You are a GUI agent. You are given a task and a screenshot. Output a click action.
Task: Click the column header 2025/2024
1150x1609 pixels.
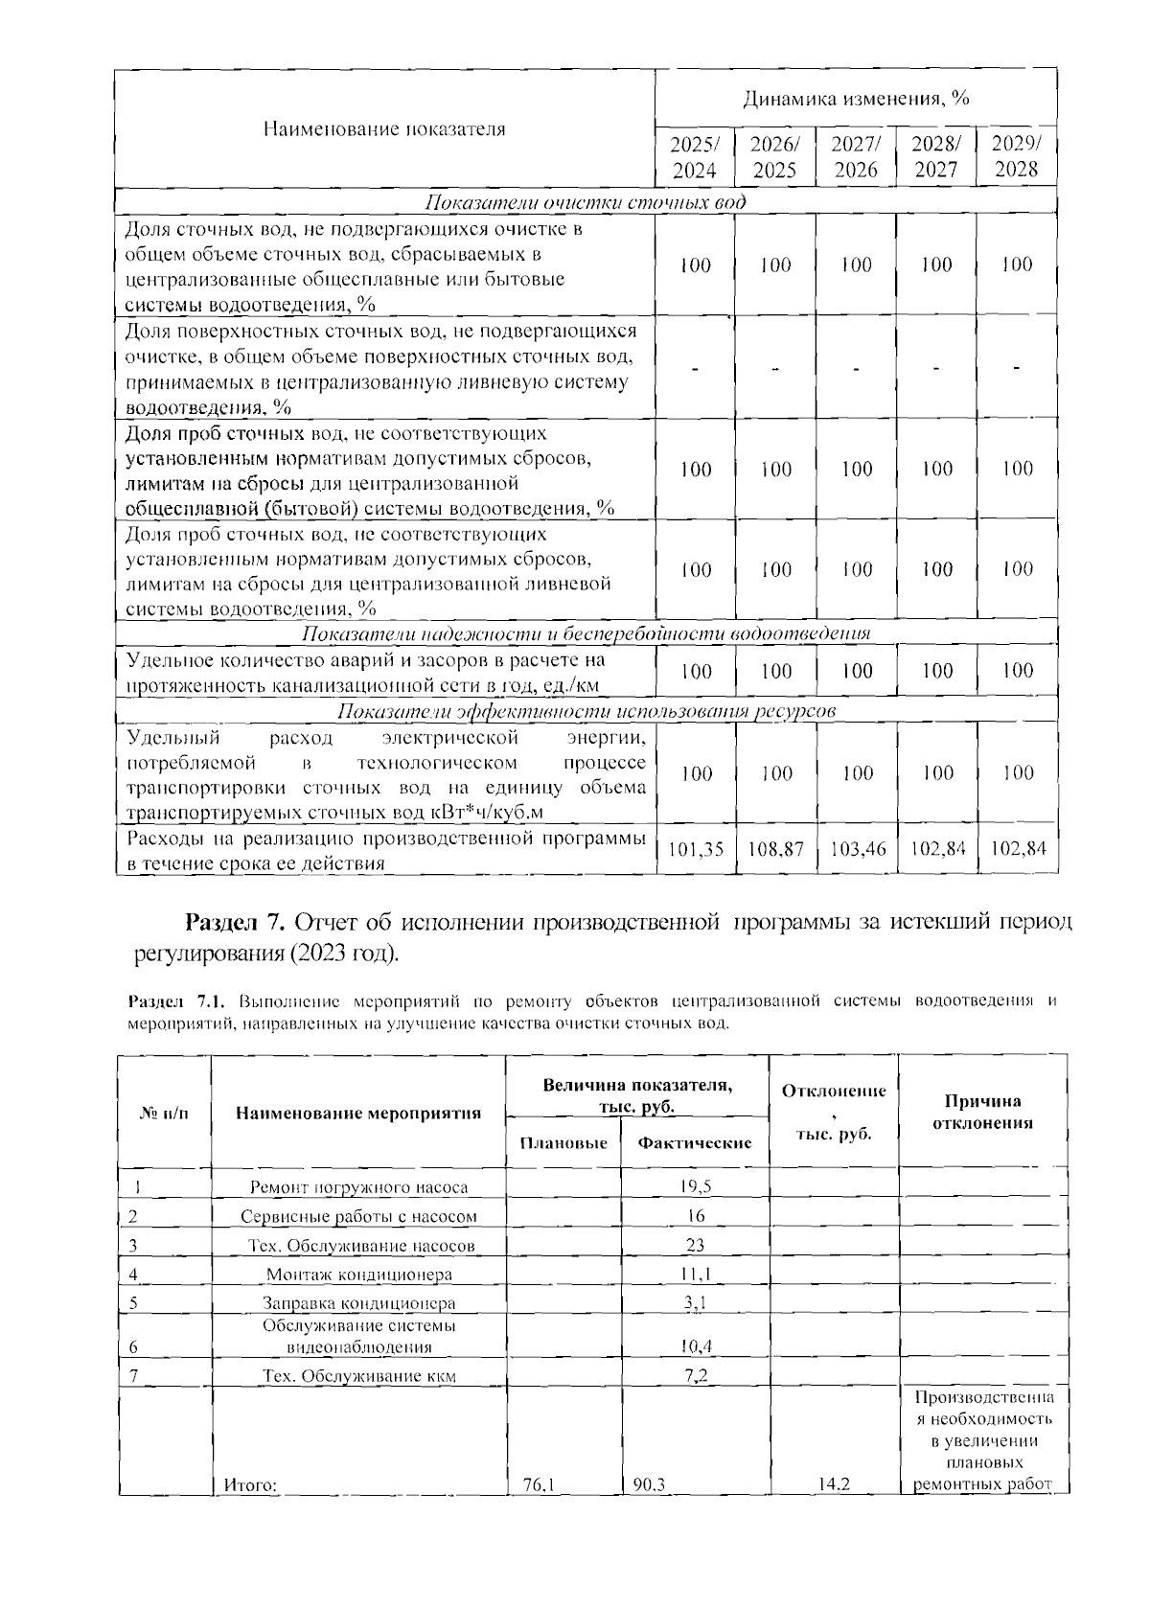click(694, 157)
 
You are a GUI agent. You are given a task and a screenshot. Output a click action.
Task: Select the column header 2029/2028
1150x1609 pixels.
click(1016, 157)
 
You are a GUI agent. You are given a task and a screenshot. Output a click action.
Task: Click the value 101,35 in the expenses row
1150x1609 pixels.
click(695, 849)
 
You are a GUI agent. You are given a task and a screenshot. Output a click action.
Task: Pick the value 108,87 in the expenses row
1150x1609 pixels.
click(775, 849)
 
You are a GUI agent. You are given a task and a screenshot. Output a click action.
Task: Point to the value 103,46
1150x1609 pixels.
click(856, 849)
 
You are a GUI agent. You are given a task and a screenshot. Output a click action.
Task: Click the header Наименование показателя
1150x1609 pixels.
click(383, 129)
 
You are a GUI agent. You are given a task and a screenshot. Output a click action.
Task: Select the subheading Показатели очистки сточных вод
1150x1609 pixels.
click(585, 203)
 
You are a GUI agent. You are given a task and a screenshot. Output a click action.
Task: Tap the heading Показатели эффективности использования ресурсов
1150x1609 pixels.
click(586, 711)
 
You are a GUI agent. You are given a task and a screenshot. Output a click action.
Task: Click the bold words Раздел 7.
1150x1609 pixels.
click(235, 922)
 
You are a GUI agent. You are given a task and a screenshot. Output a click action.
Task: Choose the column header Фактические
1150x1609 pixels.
click(695, 1142)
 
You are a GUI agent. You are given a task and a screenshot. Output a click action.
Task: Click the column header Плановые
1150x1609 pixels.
click(563, 1143)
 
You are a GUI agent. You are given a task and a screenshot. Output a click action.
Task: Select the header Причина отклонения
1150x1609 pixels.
click(982, 1112)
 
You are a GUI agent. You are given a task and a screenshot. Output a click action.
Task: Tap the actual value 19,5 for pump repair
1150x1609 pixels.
click(696, 1186)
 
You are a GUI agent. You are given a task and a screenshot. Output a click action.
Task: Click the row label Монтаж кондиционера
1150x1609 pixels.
click(358, 1275)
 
